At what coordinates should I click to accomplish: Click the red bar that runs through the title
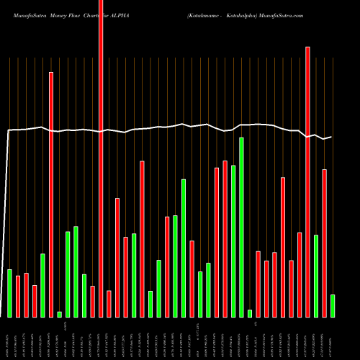point(101,144)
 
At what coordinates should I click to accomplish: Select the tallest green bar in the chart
point(241,227)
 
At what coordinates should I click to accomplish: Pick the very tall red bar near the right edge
point(307,180)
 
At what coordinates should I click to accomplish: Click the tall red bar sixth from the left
point(51,194)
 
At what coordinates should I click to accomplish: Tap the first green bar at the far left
point(10,293)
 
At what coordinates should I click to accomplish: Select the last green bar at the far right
point(332,305)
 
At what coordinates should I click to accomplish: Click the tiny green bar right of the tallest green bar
point(250,313)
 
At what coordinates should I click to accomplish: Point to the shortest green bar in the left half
point(59,314)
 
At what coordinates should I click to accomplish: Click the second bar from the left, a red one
point(18,296)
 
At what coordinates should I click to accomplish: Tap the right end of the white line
point(331,137)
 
